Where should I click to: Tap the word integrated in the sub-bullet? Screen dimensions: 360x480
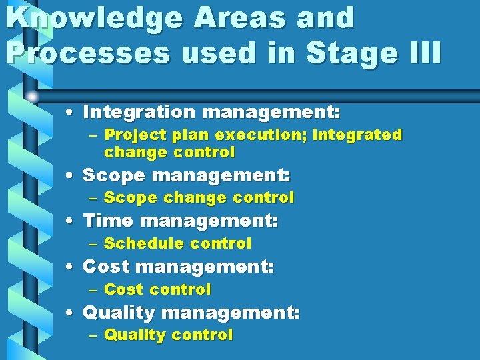[358, 135]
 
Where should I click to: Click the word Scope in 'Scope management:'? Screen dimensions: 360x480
[113, 176]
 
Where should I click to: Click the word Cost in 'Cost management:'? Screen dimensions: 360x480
[105, 267]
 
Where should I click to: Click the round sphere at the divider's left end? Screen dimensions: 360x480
[32, 97]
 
